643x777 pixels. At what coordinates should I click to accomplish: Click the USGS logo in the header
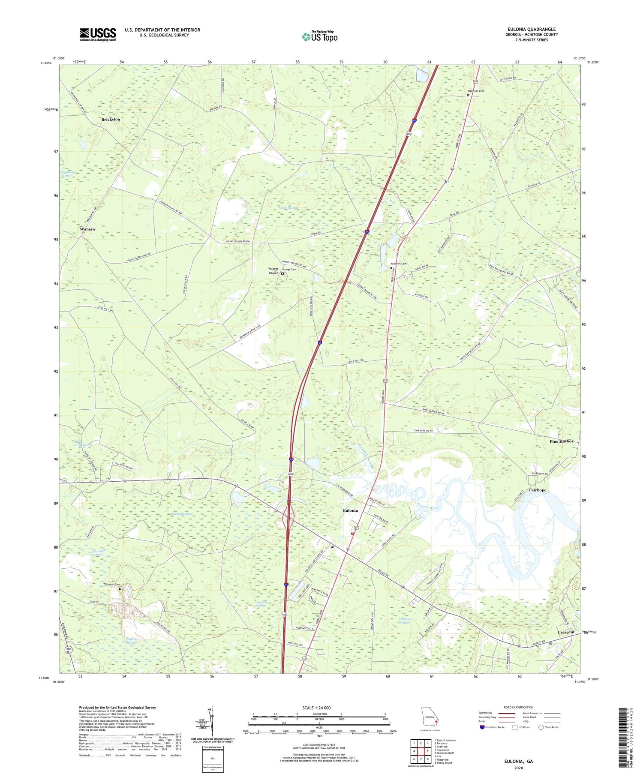(98, 34)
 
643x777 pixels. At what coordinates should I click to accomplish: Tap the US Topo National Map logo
(319, 37)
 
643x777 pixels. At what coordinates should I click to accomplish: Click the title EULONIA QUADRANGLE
(531, 29)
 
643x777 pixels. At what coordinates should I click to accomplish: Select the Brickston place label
(111, 119)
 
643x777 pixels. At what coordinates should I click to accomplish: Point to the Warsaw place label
(87, 229)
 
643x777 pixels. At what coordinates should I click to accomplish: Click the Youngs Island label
(273, 271)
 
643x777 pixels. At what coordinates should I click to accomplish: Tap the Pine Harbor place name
(561, 441)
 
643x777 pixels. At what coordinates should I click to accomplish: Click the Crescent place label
(566, 633)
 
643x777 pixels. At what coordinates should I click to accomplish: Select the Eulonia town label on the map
(350, 510)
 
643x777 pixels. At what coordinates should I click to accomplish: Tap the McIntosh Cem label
(475, 91)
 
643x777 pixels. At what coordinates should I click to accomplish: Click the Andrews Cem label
(398, 264)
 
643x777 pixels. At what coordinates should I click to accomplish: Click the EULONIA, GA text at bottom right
(518, 762)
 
